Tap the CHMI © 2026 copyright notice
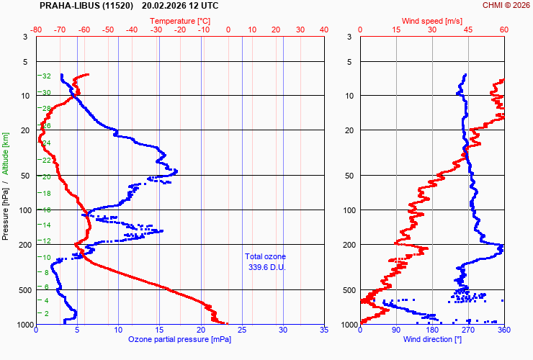pos(506,6)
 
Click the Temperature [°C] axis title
pos(180,21)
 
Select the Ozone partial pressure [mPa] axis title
pos(179,338)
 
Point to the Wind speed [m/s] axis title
pos(432,21)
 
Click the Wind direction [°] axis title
pos(432,338)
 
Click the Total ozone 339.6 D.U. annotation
pos(265,261)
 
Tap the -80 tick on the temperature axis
pos(36,30)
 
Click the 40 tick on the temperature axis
pos(323,30)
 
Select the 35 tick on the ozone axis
pos(323,330)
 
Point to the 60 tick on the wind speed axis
pos(503,30)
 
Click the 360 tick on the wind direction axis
pos(503,330)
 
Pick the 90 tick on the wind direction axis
pos(396,330)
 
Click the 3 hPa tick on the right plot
pos(349,37)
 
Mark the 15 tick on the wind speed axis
pos(396,30)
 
